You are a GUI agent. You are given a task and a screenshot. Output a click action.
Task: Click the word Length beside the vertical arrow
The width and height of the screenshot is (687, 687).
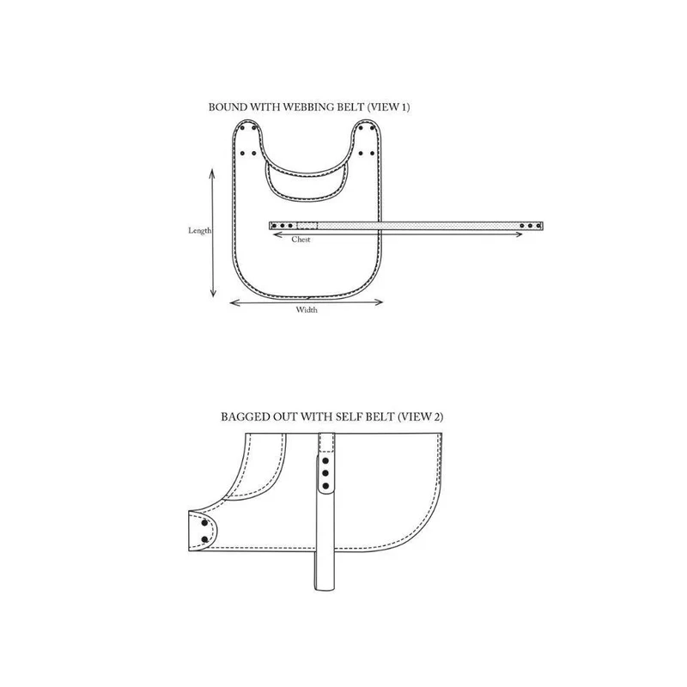pos(200,230)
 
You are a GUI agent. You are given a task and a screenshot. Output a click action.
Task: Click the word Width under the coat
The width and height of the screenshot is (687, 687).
pos(307,310)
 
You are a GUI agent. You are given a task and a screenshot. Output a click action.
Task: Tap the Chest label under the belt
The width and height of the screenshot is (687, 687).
pos(301,240)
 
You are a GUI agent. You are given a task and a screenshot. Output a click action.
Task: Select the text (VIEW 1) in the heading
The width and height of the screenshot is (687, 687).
pos(388,106)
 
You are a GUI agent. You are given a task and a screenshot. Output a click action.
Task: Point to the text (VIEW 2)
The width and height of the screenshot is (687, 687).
pos(421,416)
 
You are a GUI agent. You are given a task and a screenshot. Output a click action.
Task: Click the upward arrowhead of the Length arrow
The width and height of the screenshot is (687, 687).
pos(212,173)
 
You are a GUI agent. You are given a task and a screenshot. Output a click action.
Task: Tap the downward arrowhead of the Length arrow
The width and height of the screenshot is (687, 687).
pos(213,293)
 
